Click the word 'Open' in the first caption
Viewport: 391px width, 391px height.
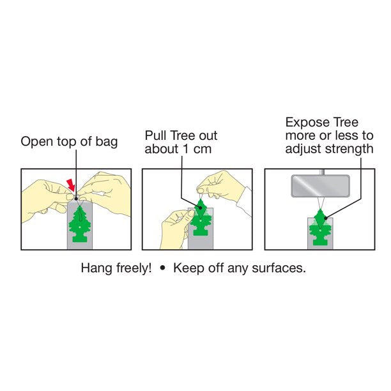(x=36, y=142)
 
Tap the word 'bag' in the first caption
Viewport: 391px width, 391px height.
(x=106, y=142)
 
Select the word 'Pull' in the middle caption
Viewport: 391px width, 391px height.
(x=155, y=136)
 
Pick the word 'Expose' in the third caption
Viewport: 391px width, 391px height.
(x=304, y=122)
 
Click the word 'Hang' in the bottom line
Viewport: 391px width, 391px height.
(x=95, y=268)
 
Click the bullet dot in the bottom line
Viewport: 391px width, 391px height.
(x=162, y=268)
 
